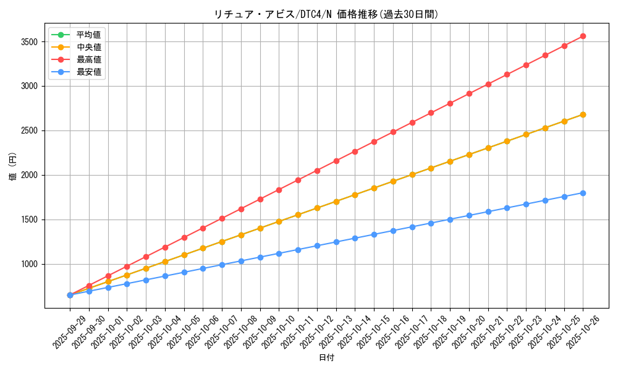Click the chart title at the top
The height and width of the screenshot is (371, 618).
point(326,14)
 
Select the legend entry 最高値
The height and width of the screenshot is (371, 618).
point(89,59)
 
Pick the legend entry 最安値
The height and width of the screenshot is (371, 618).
point(89,72)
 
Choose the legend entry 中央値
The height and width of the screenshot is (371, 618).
point(89,47)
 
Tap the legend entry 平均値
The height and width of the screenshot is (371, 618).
point(89,35)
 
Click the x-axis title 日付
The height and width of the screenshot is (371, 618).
point(326,358)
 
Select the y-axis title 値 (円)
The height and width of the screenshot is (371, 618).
point(13,167)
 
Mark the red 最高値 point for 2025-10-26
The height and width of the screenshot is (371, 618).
point(583,36)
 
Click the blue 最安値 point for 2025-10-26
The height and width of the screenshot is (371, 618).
point(583,193)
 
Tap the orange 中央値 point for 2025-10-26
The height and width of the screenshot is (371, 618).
point(583,114)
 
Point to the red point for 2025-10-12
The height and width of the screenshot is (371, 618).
point(317,171)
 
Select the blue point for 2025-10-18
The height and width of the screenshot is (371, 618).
point(431,223)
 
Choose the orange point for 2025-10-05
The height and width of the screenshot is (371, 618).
point(184,255)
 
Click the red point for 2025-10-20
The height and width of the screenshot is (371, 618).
point(469,93)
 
